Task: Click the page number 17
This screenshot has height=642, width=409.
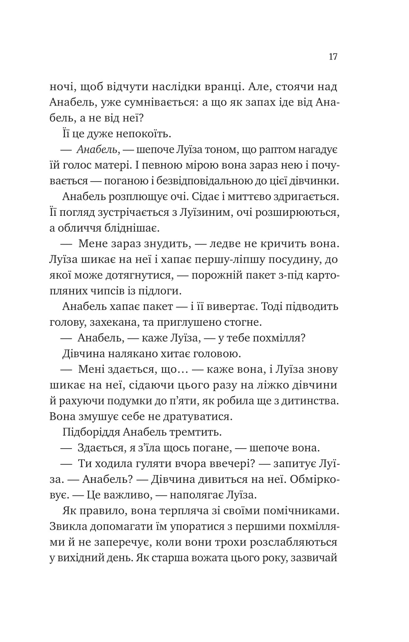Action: (332, 57)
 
